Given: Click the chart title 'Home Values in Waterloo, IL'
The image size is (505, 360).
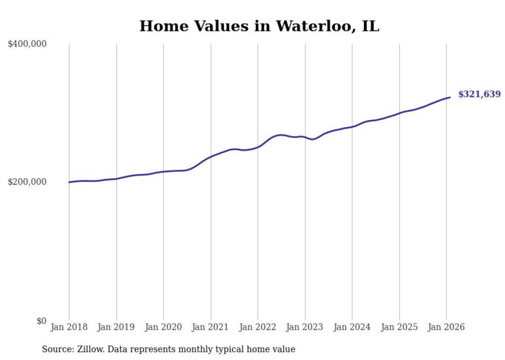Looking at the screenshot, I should point(259,26).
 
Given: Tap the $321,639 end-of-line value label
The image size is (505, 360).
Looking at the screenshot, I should point(479,94).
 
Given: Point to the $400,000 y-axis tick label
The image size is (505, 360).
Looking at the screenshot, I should point(27,44).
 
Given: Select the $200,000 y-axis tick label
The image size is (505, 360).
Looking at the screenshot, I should point(27,182).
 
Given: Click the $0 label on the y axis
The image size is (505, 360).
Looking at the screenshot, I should point(41,321).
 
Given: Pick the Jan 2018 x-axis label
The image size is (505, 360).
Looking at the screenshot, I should point(69,327).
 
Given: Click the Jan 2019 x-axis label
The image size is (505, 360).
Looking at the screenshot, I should point(116,327).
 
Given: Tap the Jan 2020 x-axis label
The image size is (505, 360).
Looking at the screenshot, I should point(163,327).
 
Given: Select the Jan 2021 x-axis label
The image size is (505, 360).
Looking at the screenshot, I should point(210,327).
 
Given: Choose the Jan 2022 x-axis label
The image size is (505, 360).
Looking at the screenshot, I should point(258,327).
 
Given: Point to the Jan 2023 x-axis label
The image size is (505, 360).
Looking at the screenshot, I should point(305,327).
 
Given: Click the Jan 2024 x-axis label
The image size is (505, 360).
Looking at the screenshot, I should point(352,327).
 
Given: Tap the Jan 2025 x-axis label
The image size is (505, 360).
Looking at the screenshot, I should point(399,327).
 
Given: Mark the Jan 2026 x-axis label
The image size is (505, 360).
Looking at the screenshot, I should point(446,327).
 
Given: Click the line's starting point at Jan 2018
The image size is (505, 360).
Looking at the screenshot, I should point(69,182).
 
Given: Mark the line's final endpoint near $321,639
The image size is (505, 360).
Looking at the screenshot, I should point(450,97).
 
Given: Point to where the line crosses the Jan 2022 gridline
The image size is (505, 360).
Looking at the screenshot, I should point(258,147).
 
